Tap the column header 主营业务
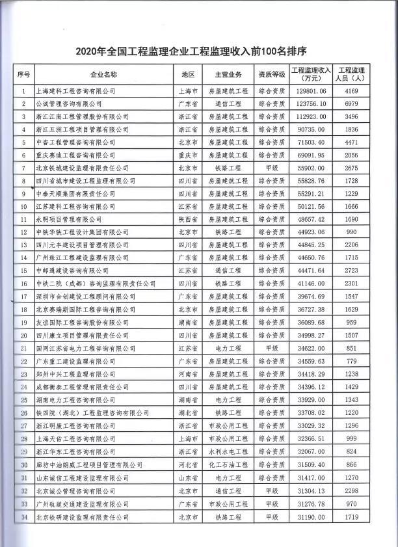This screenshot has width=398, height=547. (228, 75)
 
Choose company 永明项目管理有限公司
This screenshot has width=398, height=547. (70, 220)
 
